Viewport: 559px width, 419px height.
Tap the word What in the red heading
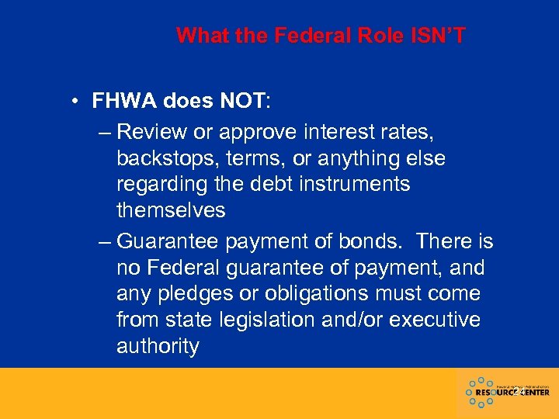point(200,36)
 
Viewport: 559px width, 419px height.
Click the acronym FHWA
point(125,101)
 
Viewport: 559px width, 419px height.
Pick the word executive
point(438,320)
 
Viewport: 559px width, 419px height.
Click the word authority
point(158,346)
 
